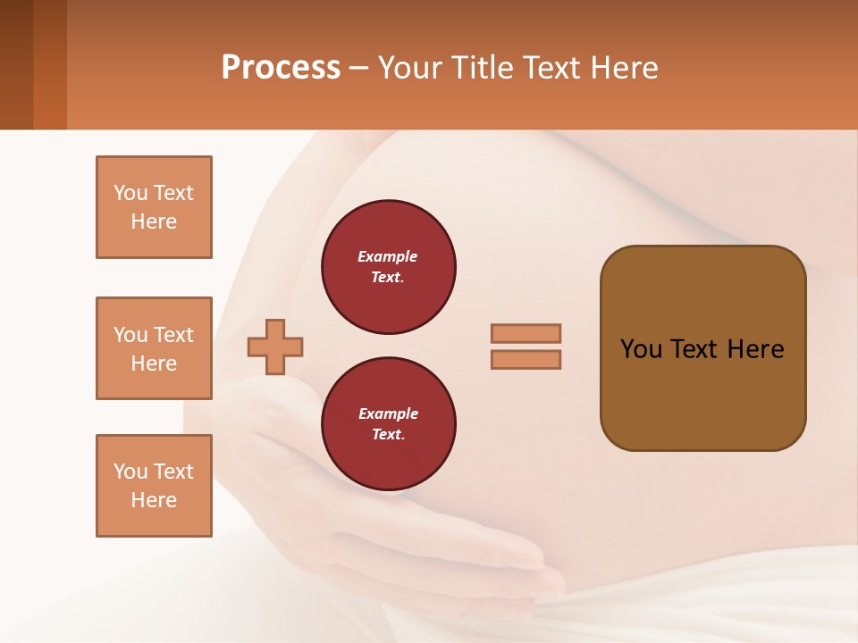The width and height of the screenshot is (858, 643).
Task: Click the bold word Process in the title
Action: click(x=281, y=68)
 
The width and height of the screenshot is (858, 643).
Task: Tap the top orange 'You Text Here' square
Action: click(x=154, y=207)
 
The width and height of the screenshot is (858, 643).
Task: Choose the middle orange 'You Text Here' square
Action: click(x=154, y=348)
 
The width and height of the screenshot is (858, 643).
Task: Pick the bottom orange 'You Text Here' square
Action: click(x=154, y=486)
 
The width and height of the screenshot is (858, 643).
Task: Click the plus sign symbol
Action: click(x=275, y=347)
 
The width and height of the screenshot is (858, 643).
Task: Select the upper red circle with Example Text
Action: click(x=388, y=267)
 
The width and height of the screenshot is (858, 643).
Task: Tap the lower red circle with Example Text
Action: click(x=388, y=424)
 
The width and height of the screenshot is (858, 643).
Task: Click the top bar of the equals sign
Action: click(x=526, y=333)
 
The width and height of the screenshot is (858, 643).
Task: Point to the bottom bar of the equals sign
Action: click(x=526, y=360)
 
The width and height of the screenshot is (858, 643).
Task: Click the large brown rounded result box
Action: click(x=702, y=348)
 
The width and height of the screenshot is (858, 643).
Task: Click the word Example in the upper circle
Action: click(x=387, y=257)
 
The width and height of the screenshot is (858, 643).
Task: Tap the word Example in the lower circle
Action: click(x=387, y=414)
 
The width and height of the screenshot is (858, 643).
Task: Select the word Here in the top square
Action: click(x=154, y=221)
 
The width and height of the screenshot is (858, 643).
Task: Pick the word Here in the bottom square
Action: click(x=154, y=500)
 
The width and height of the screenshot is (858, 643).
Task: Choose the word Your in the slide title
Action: click(x=409, y=68)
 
